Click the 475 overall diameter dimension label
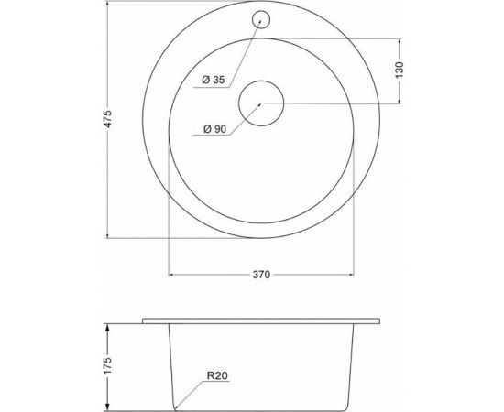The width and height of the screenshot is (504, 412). [108, 119]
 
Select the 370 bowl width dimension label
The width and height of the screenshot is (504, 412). [261, 275]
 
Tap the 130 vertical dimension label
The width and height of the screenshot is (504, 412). [399, 70]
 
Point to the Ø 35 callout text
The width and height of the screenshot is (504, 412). [214, 80]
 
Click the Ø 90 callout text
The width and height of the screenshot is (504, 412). [214, 129]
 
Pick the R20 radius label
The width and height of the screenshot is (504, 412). [217, 375]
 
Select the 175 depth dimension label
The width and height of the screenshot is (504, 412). [108, 364]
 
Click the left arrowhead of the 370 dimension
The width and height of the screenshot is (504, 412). [171, 275]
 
